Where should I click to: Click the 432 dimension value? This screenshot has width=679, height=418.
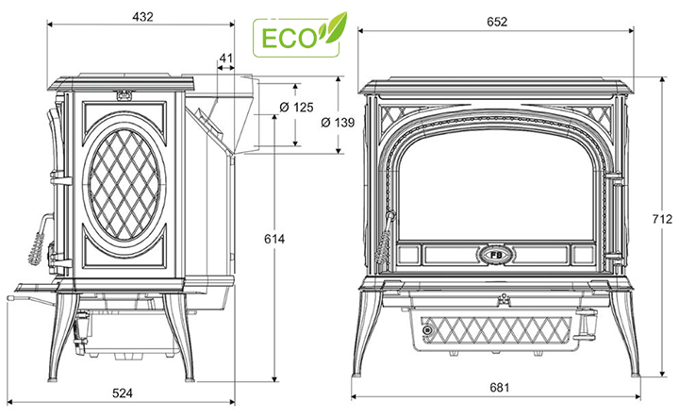[x=143, y=17]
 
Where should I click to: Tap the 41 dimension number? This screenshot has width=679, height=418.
[x=226, y=59]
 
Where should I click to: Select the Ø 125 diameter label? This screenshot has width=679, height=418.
[x=296, y=107]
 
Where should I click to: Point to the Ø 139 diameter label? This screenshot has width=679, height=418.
[x=338, y=123]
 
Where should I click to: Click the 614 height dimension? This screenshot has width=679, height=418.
[x=274, y=239]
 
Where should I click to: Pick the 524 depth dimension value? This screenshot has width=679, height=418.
[x=123, y=393]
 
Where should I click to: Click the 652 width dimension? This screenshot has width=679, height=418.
[x=497, y=22]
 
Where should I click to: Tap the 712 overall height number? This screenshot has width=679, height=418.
[x=663, y=219]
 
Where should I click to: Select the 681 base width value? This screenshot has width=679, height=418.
[x=499, y=387]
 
